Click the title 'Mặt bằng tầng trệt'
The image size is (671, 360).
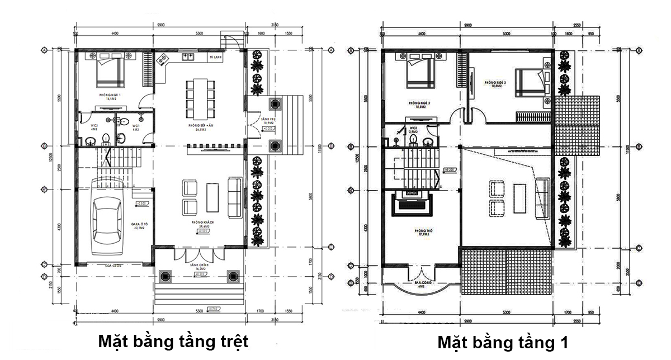tap(173, 341)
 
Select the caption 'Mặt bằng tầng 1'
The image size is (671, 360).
tap(503, 342)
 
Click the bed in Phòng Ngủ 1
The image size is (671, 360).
tap(110, 70)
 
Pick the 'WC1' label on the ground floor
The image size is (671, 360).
tap(136, 127)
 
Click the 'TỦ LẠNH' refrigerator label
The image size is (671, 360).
tap(215, 58)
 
